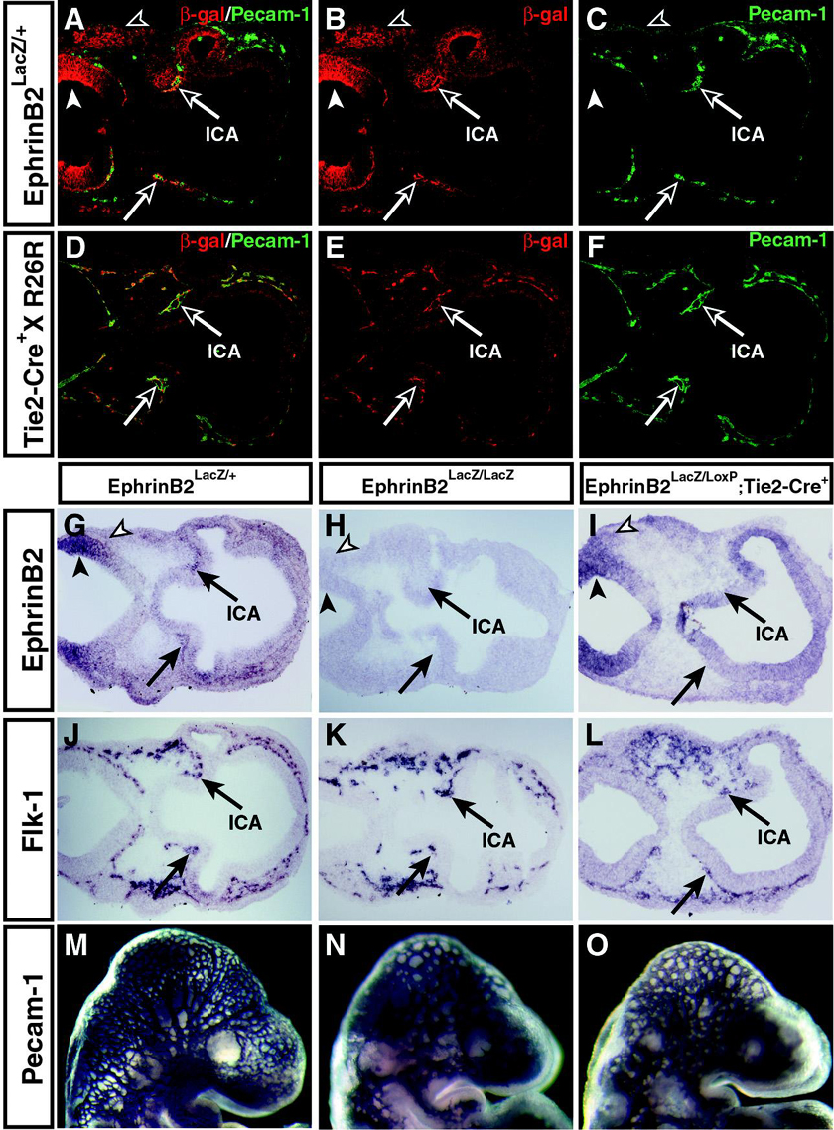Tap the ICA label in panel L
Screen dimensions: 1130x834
click(x=770, y=836)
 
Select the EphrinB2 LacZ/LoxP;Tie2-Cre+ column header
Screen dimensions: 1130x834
click(x=695, y=489)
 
